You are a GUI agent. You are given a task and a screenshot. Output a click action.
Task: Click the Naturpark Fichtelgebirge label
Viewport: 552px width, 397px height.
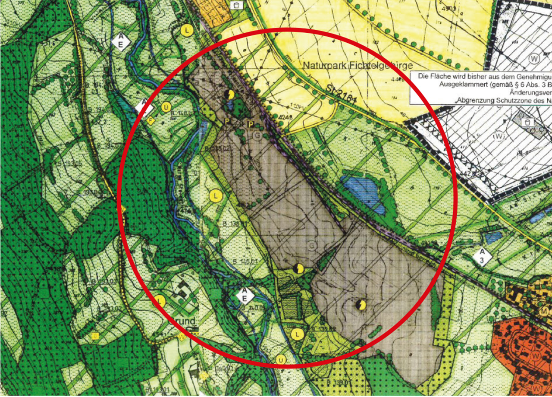[358, 66]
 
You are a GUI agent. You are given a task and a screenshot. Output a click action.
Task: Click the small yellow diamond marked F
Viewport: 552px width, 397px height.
[151, 121]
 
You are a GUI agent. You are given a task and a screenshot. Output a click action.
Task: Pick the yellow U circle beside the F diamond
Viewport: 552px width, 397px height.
[166, 107]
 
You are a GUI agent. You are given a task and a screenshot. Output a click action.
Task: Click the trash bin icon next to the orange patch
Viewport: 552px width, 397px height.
[237, 5]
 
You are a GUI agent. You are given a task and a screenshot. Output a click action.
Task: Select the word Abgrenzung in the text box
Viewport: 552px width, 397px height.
[479, 100]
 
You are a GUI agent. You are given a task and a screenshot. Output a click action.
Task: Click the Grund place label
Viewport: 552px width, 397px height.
[183, 321]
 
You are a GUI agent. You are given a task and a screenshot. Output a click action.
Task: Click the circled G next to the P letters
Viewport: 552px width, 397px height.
[257, 136]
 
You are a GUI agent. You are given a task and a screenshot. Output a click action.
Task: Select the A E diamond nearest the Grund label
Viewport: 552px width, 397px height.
[245, 296]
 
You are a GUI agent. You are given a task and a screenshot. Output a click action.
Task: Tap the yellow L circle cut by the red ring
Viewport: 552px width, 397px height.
[160, 300]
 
